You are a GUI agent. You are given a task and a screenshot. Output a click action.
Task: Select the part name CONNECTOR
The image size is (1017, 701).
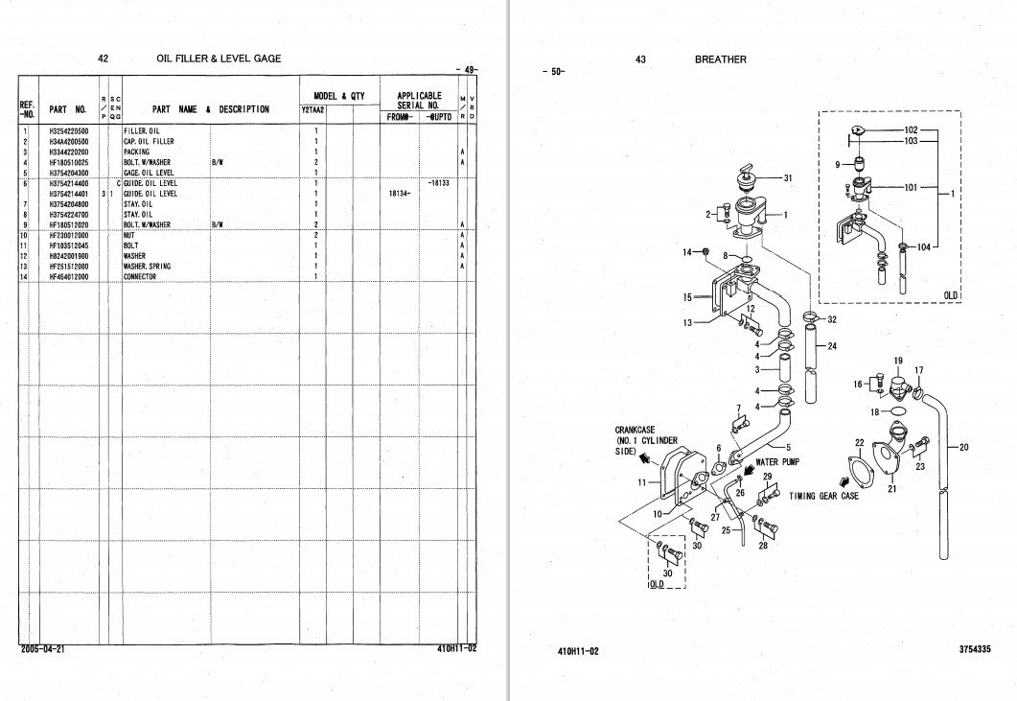pos(140,277)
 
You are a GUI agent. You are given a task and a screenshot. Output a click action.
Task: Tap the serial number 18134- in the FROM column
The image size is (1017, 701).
pos(399,194)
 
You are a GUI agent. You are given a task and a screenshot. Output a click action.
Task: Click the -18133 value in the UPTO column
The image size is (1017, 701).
pos(440,182)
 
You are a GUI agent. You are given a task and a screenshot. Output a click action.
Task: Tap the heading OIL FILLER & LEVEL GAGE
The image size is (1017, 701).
pos(219,59)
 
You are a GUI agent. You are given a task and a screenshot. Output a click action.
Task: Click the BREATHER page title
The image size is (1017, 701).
pos(721,59)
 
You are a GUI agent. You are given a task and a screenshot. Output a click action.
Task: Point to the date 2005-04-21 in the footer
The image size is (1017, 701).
pos(43,649)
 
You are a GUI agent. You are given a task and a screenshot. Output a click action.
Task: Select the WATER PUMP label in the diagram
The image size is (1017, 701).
pos(779,462)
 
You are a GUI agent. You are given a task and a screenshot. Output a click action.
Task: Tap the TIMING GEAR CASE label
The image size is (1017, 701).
pos(823,497)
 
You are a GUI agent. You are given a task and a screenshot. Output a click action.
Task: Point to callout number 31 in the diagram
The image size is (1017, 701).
pos(788,178)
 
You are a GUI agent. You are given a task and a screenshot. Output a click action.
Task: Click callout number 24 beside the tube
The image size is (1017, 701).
pos(831,347)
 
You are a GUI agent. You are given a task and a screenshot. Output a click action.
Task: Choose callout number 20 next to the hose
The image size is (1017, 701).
pos(963,447)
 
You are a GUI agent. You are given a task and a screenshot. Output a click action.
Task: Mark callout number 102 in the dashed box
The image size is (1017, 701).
pos(911,129)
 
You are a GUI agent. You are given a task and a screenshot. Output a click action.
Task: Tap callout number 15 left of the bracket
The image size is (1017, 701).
pos(687,298)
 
